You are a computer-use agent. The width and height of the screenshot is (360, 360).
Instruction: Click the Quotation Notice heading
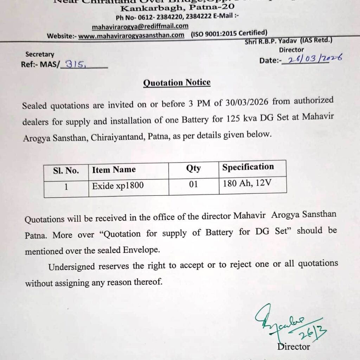point(177,83)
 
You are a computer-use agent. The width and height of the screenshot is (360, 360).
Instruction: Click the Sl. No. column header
point(66,171)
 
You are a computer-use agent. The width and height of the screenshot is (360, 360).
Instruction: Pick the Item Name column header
point(114,170)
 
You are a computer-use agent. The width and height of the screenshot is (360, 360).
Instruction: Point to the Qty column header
point(193,168)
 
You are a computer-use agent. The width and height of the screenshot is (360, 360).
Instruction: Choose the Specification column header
point(248,167)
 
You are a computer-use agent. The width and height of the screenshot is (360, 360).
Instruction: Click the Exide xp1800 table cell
point(118,186)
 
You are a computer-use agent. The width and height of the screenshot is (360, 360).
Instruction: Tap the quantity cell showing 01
point(193,185)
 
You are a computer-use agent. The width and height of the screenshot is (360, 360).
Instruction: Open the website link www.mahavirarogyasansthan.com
point(131,35)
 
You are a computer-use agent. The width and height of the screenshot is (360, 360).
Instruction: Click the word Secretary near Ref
point(40,54)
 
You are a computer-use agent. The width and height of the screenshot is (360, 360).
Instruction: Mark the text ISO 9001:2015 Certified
point(229,33)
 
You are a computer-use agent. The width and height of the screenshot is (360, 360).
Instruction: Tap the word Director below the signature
point(294,347)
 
